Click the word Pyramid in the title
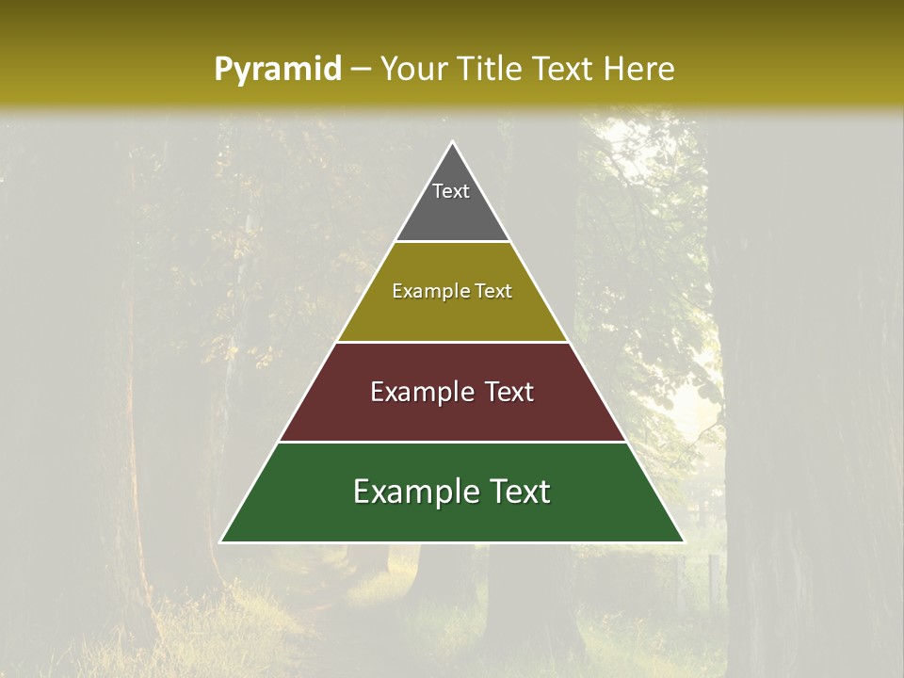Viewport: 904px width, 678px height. point(277,69)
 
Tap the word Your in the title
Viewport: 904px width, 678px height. point(414,69)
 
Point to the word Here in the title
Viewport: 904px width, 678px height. point(639,69)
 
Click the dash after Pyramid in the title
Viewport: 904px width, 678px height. point(360,70)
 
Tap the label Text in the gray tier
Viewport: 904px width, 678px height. point(451,191)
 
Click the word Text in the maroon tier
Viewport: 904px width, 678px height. point(508,392)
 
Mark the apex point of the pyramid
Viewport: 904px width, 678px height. point(453,143)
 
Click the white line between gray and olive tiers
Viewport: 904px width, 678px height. point(452,242)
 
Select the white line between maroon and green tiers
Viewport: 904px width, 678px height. point(452,443)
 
